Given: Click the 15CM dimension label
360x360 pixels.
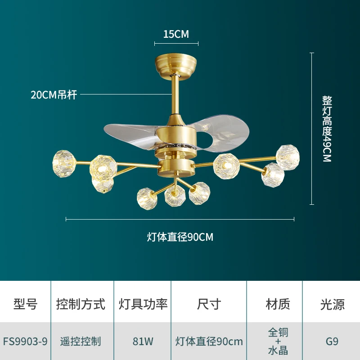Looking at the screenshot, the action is click(176, 34).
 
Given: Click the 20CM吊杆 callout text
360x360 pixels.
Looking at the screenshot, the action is click(54, 95).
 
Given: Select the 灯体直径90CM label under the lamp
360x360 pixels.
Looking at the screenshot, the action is click(180, 237).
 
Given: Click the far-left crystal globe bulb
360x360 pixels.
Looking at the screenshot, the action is click(62, 160).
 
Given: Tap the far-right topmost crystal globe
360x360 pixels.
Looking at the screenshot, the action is click(288, 155).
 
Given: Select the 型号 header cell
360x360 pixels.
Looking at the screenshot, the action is click(25, 304).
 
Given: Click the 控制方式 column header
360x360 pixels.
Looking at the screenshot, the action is click(81, 304).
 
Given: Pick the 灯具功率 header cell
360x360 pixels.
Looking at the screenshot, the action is click(143, 304).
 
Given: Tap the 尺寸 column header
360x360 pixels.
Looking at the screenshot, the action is click(209, 304).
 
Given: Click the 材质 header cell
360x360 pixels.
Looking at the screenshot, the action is click(278, 304).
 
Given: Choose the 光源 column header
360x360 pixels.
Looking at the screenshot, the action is click(332, 304).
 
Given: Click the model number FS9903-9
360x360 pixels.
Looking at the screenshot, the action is click(25, 341).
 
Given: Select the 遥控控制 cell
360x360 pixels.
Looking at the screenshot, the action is click(81, 341).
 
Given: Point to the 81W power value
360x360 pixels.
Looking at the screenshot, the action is click(143, 341).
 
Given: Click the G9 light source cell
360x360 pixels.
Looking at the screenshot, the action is click(332, 341).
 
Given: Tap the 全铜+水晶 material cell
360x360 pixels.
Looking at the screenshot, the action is click(278, 341).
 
